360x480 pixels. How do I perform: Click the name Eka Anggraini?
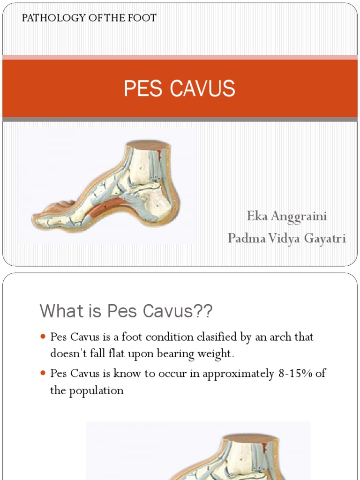(287, 216)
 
